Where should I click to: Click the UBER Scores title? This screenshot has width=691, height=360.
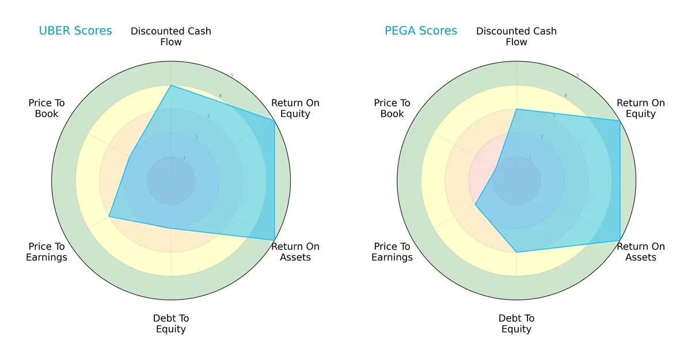tap(75, 31)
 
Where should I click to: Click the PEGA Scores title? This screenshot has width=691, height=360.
tap(420, 31)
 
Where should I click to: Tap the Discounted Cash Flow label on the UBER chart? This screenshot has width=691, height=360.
tap(171, 36)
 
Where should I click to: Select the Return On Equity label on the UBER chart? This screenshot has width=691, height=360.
tap(295, 108)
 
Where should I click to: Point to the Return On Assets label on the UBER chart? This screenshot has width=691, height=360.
tap(295, 252)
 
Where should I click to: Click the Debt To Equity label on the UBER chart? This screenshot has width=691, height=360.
tap(171, 324)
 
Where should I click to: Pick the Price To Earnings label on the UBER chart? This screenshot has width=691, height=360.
tap(47, 252)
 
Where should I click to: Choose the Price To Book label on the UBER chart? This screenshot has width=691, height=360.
tap(47, 108)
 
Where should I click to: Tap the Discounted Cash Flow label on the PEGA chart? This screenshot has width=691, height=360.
tap(517, 36)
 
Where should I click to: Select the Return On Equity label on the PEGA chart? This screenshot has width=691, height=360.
tap(641, 108)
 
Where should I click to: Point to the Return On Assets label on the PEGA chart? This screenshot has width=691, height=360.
tap(641, 252)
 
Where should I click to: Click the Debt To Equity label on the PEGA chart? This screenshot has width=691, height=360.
tap(517, 324)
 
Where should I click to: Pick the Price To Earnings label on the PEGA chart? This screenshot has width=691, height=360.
tap(392, 252)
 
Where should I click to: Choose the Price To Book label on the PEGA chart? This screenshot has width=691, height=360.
tap(392, 108)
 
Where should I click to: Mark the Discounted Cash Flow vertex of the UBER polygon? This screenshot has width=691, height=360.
tap(171, 85)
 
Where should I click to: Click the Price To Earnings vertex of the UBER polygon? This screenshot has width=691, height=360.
tap(109, 217)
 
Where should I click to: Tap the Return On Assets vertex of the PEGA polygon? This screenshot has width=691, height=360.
tap(620, 240)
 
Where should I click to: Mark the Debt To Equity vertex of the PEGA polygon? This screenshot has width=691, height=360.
tap(517, 252)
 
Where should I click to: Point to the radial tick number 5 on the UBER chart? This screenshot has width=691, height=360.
tap(232, 75)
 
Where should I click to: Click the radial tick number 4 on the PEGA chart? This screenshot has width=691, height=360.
tap(565, 96)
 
